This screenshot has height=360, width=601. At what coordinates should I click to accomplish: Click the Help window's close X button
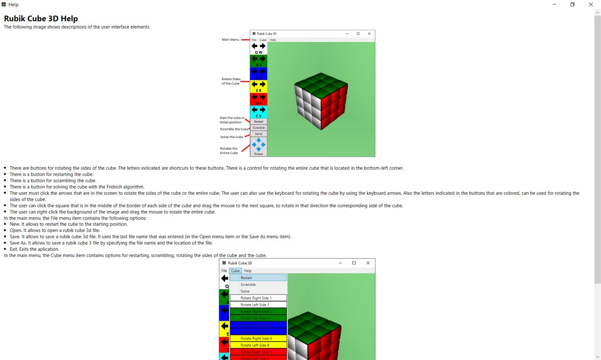[590, 5]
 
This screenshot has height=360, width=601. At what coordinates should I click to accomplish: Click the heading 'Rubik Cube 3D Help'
[41, 19]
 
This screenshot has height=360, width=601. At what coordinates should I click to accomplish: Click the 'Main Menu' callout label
[230, 40]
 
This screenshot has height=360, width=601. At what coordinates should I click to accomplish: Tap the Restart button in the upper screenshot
[258, 122]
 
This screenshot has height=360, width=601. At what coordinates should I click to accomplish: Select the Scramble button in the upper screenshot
[258, 128]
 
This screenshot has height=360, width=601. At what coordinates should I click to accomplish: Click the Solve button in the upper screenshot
[258, 134]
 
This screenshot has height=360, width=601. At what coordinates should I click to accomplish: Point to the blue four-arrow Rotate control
[258, 145]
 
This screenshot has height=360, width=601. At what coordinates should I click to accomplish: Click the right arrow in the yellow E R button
[263, 84]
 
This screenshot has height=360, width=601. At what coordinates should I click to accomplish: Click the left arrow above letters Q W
[255, 46]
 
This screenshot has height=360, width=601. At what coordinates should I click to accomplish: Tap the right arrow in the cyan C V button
[263, 110]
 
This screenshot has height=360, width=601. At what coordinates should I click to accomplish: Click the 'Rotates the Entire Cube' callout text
[229, 150]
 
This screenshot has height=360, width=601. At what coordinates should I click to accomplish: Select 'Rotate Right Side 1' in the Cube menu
[256, 298]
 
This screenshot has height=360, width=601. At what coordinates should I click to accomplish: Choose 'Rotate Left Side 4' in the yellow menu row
[255, 345]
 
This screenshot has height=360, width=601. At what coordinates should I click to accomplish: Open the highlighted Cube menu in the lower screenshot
[235, 271]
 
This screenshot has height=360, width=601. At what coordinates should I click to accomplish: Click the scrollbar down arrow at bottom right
[597, 356]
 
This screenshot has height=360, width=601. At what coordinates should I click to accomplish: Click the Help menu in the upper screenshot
[273, 40]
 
